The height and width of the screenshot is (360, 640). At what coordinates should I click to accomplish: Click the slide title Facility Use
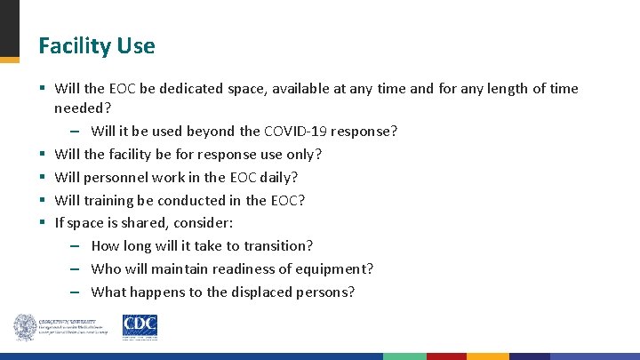96,46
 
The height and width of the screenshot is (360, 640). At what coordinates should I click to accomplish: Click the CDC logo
140,327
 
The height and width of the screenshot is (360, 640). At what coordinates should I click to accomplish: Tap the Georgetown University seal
24,327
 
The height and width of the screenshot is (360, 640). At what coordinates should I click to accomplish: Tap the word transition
278,245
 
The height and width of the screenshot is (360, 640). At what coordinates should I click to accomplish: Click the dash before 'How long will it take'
76,246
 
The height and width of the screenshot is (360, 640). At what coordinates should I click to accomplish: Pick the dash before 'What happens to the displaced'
76,292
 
